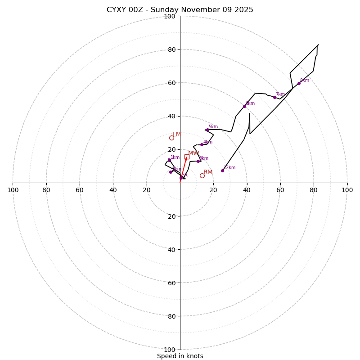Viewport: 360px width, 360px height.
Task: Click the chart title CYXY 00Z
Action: (x=180, y=10)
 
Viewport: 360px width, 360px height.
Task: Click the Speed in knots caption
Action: (x=180, y=356)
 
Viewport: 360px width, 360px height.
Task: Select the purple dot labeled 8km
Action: (x=299, y=83)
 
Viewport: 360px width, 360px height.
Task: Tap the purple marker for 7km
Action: (x=274, y=97)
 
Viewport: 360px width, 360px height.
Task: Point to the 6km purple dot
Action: (x=244, y=106)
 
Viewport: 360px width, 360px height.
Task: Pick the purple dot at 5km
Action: (x=207, y=130)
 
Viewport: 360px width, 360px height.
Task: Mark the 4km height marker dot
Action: (x=202, y=144)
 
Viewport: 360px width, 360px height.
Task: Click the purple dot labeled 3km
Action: (x=198, y=161)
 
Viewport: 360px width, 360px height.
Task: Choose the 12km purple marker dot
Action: (x=222, y=171)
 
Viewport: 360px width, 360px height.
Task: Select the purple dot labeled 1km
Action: (x=169, y=160)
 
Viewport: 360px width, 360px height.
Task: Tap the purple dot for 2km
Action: (x=171, y=172)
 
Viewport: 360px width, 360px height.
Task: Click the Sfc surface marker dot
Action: (x=181, y=178)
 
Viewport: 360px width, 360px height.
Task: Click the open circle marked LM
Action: (x=171, y=138)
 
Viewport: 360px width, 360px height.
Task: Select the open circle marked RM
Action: (x=202, y=175)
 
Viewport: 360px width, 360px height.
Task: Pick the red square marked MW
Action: (x=187, y=157)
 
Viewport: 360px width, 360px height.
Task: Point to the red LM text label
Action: (x=177, y=135)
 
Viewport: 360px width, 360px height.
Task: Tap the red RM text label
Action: (x=208, y=172)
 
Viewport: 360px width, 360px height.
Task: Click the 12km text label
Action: (x=229, y=168)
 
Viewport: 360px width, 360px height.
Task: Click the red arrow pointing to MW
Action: (x=184, y=167)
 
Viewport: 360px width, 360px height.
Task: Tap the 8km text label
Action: (x=305, y=81)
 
